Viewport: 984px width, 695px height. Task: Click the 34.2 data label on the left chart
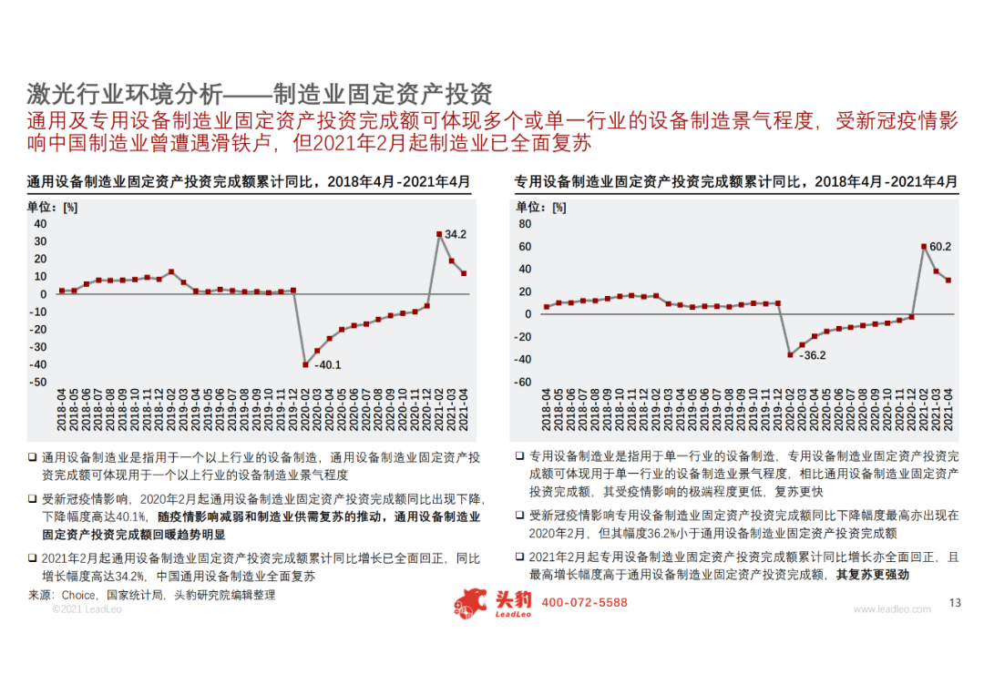[456, 235]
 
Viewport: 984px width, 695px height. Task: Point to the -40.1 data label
[328, 365]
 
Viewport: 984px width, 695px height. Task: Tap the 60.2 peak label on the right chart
[940, 247]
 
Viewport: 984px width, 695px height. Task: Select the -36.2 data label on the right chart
[813, 355]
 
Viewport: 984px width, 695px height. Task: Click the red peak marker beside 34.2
[439, 235]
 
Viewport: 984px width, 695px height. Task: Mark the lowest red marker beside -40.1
[305, 364]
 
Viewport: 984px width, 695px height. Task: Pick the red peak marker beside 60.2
[924, 247]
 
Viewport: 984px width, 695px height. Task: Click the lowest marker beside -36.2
[790, 354]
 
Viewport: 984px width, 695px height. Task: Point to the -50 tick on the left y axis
[39, 383]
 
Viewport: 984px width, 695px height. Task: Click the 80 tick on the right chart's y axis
[524, 223]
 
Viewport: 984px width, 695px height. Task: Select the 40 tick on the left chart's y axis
[40, 223]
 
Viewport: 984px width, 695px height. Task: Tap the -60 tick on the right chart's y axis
[522, 383]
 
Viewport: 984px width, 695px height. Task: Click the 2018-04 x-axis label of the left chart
[62, 410]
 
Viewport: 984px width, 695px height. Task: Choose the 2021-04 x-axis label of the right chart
[948, 410]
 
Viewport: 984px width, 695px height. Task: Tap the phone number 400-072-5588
[585, 603]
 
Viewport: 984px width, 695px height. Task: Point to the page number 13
[955, 603]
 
